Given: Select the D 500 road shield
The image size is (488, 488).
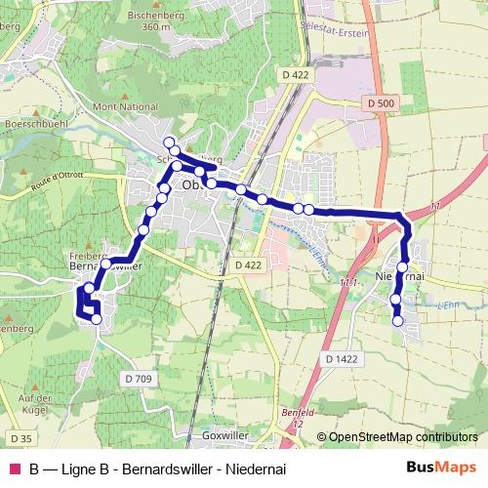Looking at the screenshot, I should [384, 102].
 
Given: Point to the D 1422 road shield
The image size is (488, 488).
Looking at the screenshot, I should [343, 359].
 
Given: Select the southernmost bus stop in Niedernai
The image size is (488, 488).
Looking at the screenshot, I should [397, 320].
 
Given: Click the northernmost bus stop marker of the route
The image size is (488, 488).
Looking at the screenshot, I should [169, 142].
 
